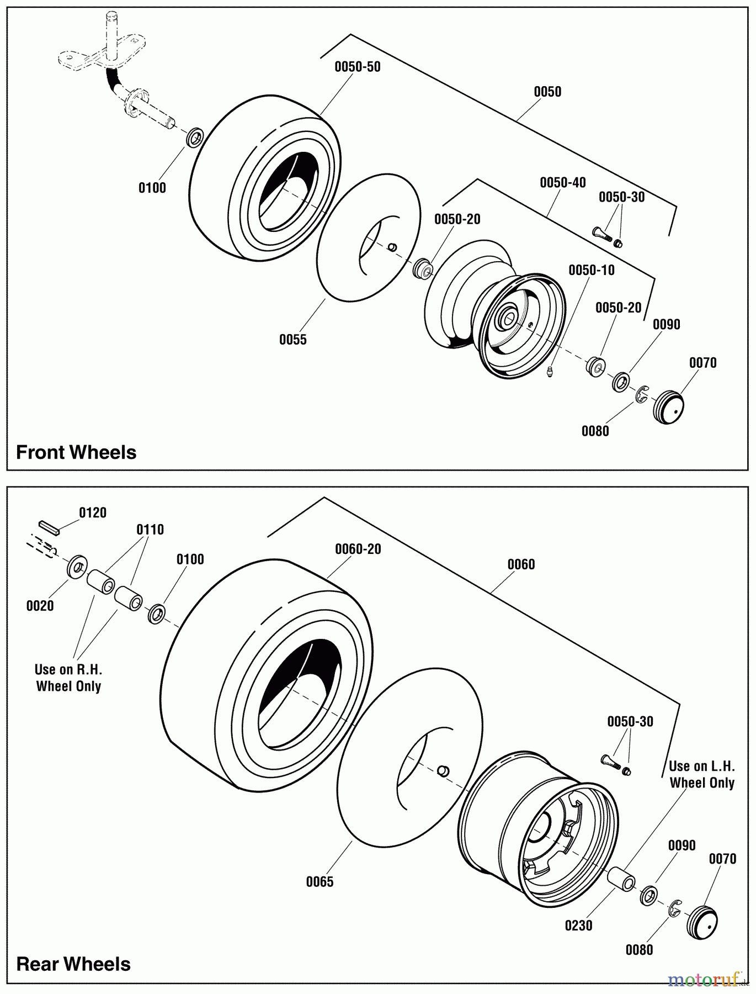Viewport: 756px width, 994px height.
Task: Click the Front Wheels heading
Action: pyautogui.click(x=76, y=452)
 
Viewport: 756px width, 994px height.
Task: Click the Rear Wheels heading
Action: pyautogui.click(x=73, y=964)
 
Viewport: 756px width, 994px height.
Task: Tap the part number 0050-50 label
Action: pyautogui.click(x=358, y=67)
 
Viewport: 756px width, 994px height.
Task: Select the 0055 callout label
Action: pyautogui.click(x=292, y=340)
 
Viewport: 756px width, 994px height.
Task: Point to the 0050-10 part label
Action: pyautogui.click(x=592, y=270)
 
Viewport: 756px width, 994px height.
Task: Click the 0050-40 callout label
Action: pyautogui.click(x=563, y=183)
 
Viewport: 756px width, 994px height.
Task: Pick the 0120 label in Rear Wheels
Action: pyautogui.click(x=93, y=513)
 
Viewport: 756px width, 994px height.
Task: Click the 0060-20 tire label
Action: pyautogui.click(x=358, y=549)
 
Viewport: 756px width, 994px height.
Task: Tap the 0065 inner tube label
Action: pyautogui.click(x=320, y=882)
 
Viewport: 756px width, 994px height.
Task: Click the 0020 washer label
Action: pyautogui.click(x=40, y=606)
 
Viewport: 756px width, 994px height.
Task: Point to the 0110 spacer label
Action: pyautogui.click(x=150, y=530)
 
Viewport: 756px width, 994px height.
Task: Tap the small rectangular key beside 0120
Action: pyautogui.click(x=49, y=526)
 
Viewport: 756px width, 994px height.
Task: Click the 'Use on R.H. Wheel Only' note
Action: pyautogui.click(x=68, y=678)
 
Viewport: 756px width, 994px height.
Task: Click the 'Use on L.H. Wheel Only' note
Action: pyautogui.click(x=701, y=775)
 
